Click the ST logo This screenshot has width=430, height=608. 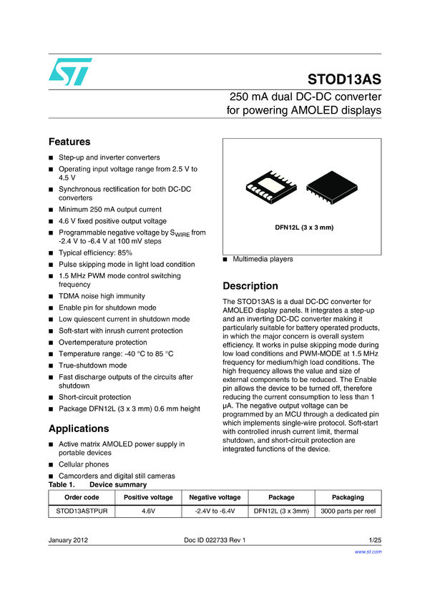[70, 71]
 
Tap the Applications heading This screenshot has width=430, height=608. [79, 428]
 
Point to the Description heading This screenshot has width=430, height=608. [250, 285]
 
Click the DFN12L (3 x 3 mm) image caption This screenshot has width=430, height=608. [305, 227]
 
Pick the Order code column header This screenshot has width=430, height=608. [82, 497]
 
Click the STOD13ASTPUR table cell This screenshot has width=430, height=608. [82, 511]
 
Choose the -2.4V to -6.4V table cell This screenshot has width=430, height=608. [215, 511]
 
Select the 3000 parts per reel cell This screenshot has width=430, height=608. [348, 511]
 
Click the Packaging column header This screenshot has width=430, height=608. [348, 497]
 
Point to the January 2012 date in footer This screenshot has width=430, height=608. [69, 540]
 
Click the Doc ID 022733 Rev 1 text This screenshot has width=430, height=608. [215, 540]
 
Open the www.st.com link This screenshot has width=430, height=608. [368, 551]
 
